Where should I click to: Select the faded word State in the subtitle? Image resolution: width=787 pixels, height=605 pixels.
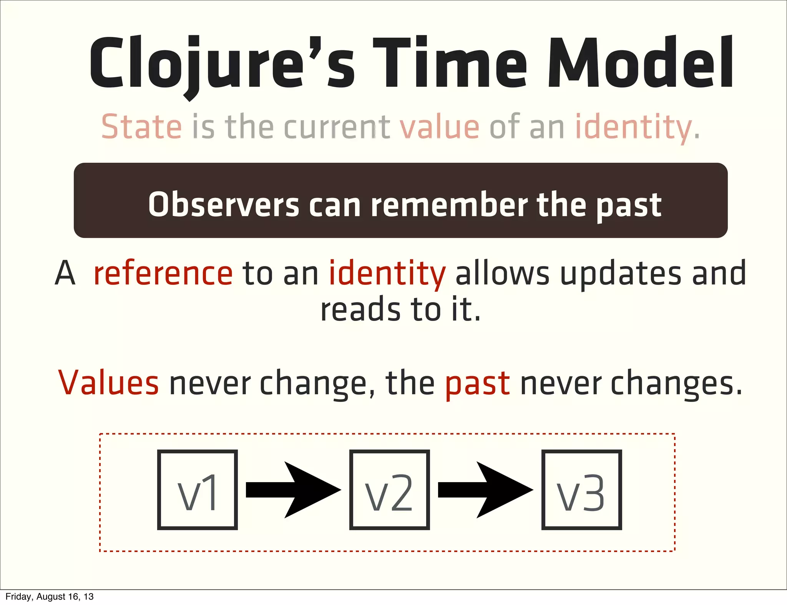(x=141, y=127)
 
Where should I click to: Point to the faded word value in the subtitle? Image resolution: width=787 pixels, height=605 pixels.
(x=440, y=127)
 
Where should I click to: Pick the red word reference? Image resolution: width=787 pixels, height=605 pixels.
(x=163, y=273)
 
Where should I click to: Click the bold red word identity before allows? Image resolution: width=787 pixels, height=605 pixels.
(x=387, y=273)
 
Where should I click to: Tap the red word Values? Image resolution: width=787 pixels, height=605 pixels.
(x=108, y=383)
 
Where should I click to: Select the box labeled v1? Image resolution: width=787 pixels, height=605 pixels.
(x=198, y=490)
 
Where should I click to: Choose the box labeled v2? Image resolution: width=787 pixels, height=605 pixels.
(x=389, y=490)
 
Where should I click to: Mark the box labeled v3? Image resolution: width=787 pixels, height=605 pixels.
(x=581, y=490)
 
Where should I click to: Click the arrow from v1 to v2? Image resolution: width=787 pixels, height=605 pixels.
(x=293, y=490)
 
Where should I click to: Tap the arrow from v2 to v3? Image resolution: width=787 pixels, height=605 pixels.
(x=485, y=490)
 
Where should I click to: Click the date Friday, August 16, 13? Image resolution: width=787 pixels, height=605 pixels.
(x=50, y=597)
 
